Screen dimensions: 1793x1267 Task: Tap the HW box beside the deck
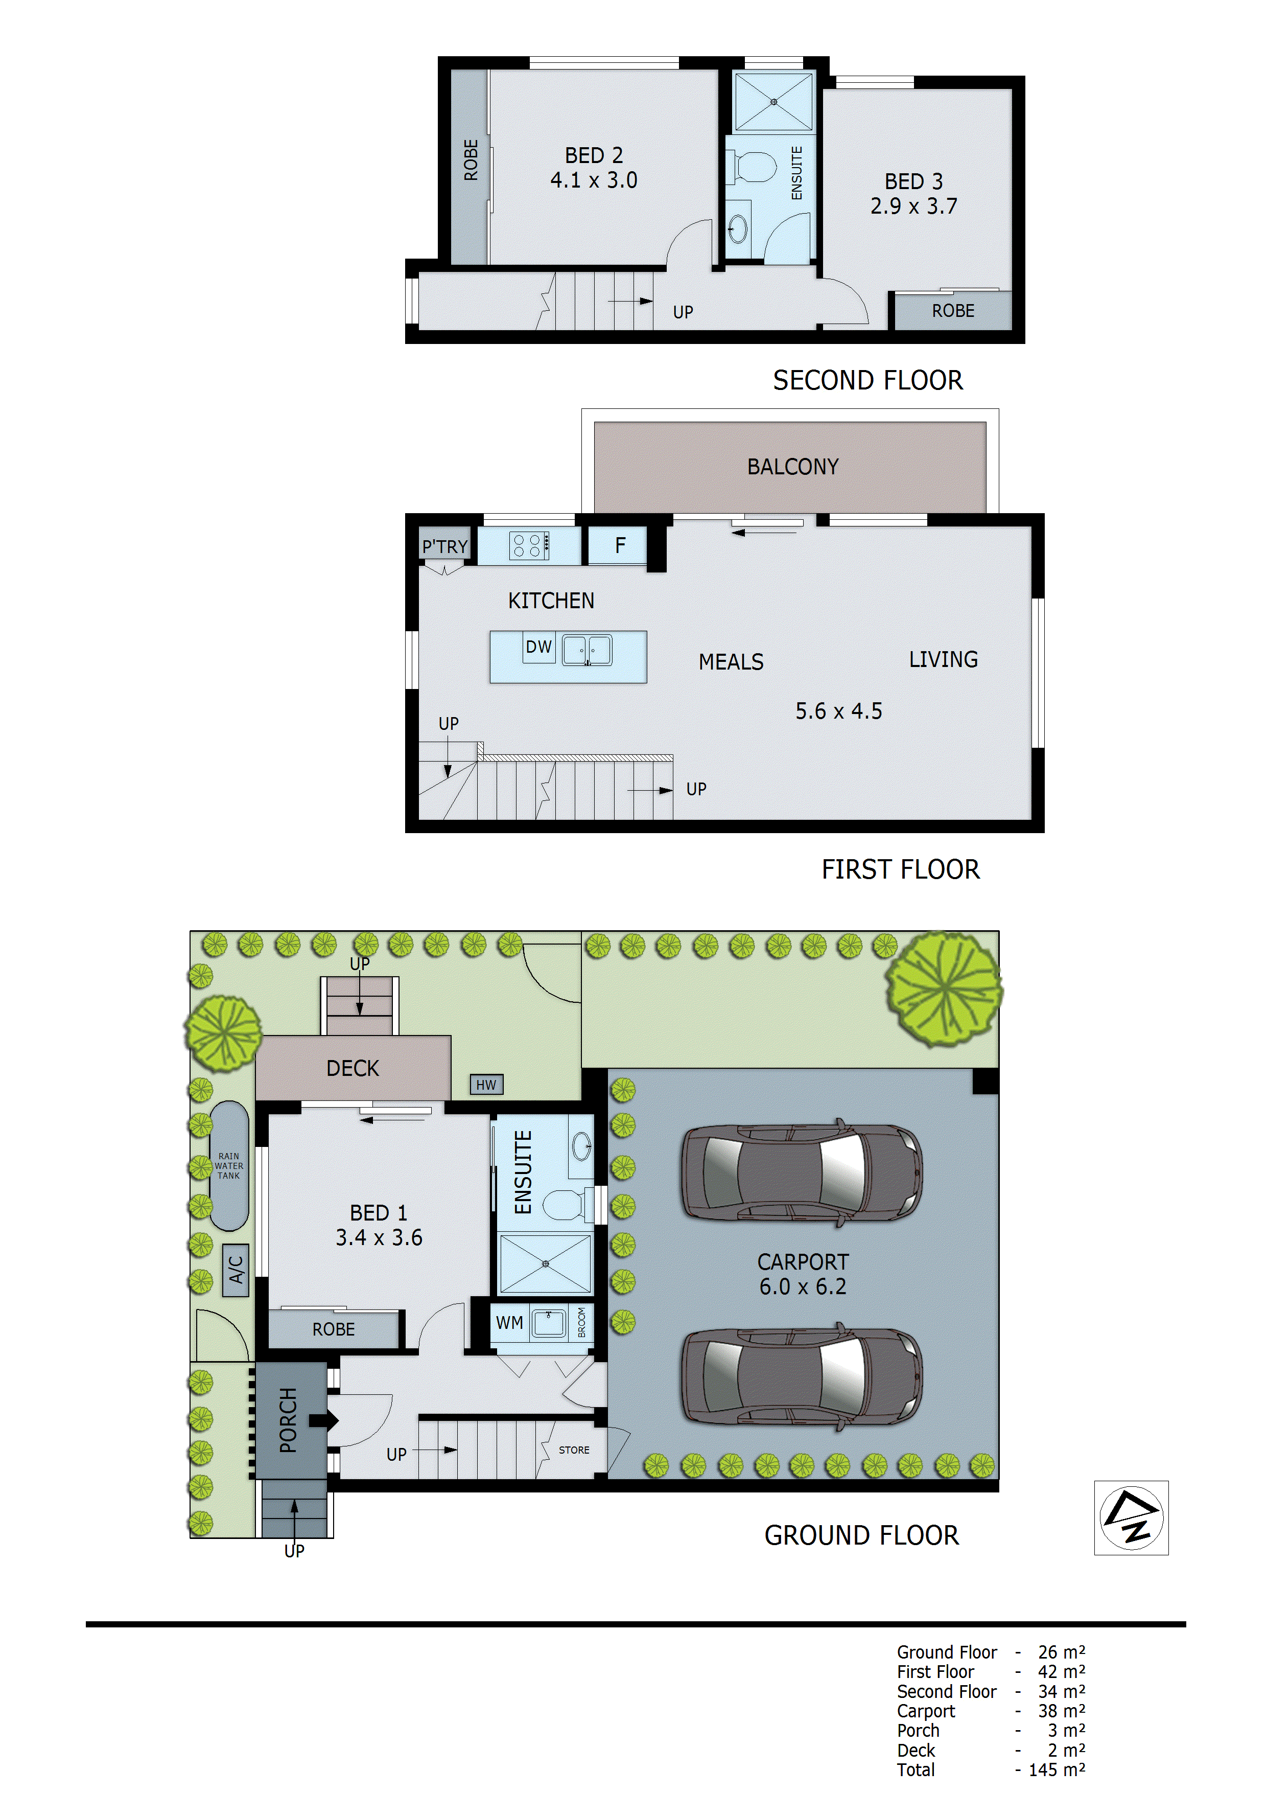tap(485, 1084)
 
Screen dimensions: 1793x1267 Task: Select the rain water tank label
tap(229, 1165)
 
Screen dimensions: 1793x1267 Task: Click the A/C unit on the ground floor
tap(236, 1270)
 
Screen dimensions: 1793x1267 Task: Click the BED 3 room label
tap(913, 181)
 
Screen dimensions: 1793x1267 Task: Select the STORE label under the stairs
tap(574, 1450)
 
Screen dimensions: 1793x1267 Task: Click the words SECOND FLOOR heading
tap(867, 380)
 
